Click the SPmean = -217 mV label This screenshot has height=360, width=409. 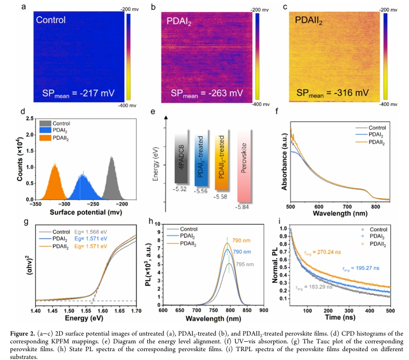coord(78,95)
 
